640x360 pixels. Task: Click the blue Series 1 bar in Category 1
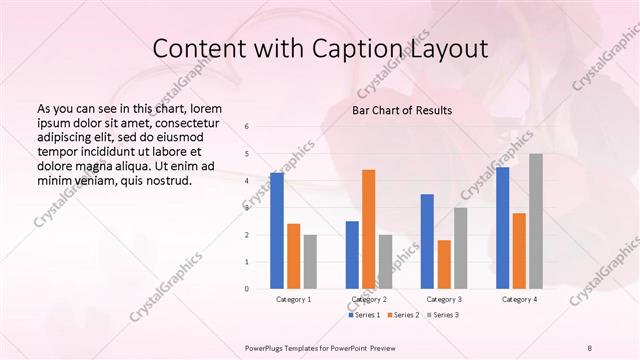pyautogui.click(x=277, y=231)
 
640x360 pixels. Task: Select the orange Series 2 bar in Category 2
pyautogui.click(x=369, y=229)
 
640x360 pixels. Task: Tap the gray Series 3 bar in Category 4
pyautogui.click(x=536, y=221)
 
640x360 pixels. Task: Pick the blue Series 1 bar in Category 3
pyautogui.click(x=427, y=241)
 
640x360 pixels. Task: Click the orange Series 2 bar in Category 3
pyautogui.click(x=444, y=264)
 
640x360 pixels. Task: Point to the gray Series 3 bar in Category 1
pyautogui.click(x=310, y=261)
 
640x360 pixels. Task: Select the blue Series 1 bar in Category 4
pyautogui.click(x=503, y=228)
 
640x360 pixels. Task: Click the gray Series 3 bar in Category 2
pyautogui.click(x=386, y=261)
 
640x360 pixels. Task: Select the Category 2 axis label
pyautogui.click(x=368, y=299)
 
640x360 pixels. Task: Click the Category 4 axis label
pyautogui.click(x=519, y=299)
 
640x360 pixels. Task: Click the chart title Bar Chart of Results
pyautogui.click(x=401, y=110)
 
